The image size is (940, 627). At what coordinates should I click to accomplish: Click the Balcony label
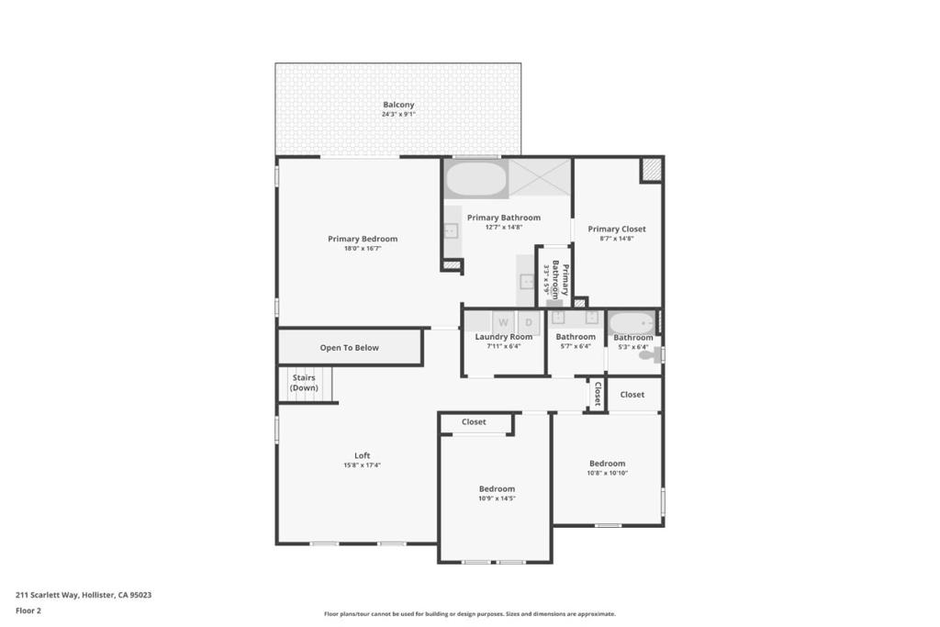pyautogui.click(x=398, y=105)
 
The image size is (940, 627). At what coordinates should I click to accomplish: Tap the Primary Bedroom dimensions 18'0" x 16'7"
pyautogui.click(x=363, y=248)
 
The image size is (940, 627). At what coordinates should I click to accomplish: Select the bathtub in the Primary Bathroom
pyautogui.click(x=476, y=179)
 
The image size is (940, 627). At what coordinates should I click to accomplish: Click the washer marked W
pyautogui.click(x=503, y=322)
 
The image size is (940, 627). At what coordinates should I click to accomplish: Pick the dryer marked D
pyautogui.click(x=528, y=322)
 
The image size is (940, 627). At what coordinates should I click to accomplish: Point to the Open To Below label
pyautogui.click(x=349, y=348)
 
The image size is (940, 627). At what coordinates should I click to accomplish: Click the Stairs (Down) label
pyautogui.click(x=304, y=383)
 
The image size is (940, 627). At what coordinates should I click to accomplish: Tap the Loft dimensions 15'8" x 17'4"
pyautogui.click(x=362, y=465)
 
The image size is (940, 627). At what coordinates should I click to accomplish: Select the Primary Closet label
pyautogui.click(x=617, y=229)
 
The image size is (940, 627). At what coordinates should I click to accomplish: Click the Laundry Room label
pyautogui.click(x=504, y=337)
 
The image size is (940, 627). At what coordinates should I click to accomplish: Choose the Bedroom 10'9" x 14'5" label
pyautogui.click(x=497, y=489)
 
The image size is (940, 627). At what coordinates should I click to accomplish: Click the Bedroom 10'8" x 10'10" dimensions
pyautogui.click(x=608, y=473)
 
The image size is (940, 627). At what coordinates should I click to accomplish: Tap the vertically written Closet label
pyautogui.click(x=598, y=394)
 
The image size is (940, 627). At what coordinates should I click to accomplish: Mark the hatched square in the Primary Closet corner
pyautogui.click(x=650, y=170)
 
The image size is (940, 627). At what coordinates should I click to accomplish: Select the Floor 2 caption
pyautogui.click(x=28, y=610)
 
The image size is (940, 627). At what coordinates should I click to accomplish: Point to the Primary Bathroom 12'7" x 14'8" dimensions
pyautogui.click(x=504, y=227)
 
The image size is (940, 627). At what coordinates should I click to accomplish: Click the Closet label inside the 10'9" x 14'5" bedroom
pyautogui.click(x=474, y=422)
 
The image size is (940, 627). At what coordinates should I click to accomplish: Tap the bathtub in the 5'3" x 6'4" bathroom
pyautogui.click(x=632, y=324)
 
